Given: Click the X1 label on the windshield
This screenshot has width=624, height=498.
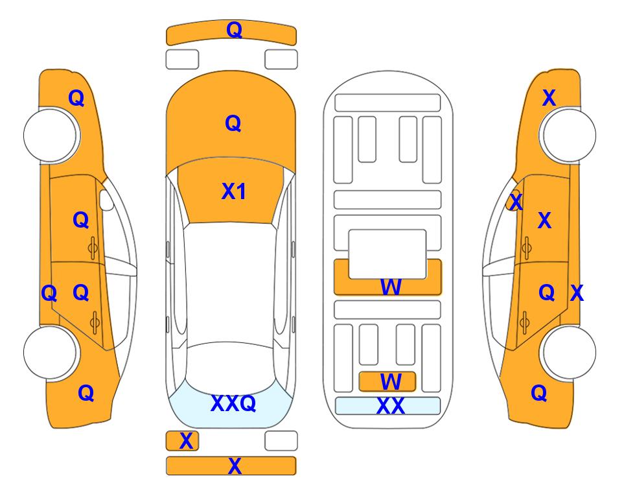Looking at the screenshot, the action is click(234, 191).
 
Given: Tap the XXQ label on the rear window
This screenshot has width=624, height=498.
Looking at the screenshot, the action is click(233, 403).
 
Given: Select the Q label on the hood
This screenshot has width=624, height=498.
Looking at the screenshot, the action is click(233, 123).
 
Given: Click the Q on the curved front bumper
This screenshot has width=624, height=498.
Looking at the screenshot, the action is click(235, 29).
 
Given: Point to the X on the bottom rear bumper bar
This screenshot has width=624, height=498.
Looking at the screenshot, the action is click(235, 466).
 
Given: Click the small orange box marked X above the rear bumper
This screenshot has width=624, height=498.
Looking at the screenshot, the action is click(182, 441).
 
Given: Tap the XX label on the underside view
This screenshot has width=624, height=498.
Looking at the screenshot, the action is click(390, 406).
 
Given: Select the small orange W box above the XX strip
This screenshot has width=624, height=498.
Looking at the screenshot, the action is click(387, 382).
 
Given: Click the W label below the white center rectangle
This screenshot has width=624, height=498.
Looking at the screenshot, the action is click(390, 287).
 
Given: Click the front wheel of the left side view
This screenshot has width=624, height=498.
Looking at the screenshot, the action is click(50, 135).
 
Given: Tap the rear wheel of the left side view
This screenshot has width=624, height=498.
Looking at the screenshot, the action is click(50, 352).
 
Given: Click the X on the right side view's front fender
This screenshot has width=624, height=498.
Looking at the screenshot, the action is click(549, 98).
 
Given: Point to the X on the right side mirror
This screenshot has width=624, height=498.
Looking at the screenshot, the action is click(516, 201).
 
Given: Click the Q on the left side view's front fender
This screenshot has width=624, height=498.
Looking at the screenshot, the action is click(76, 98).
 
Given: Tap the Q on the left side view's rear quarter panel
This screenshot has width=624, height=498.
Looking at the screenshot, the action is click(86, 393).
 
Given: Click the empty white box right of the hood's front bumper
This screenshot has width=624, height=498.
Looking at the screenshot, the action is click(281, 60).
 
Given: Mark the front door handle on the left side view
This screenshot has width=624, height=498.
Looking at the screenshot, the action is click(93, 248).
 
